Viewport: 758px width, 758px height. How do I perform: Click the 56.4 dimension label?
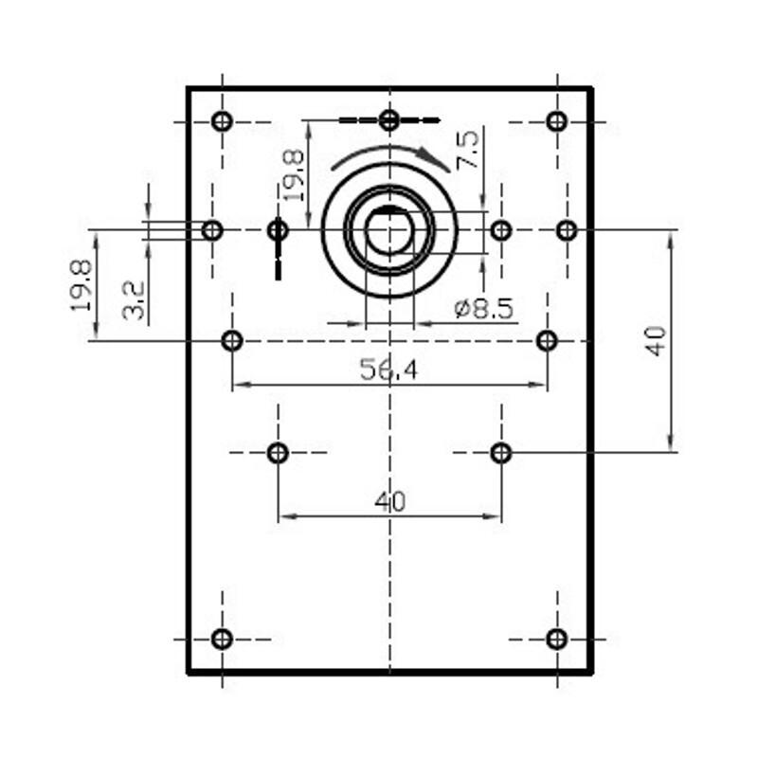388,370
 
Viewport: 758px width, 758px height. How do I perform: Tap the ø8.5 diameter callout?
484,309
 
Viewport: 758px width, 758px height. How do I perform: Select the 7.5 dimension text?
468,150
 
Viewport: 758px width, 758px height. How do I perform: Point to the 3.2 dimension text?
134,300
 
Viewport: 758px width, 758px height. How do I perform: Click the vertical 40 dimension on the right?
656,341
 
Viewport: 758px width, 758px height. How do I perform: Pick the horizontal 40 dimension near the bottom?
389,502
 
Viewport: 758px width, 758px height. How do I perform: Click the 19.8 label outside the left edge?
81,285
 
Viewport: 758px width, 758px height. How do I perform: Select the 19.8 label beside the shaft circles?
293,175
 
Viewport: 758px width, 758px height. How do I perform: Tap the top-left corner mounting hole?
222,121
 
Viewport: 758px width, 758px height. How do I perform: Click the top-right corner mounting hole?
557,121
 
